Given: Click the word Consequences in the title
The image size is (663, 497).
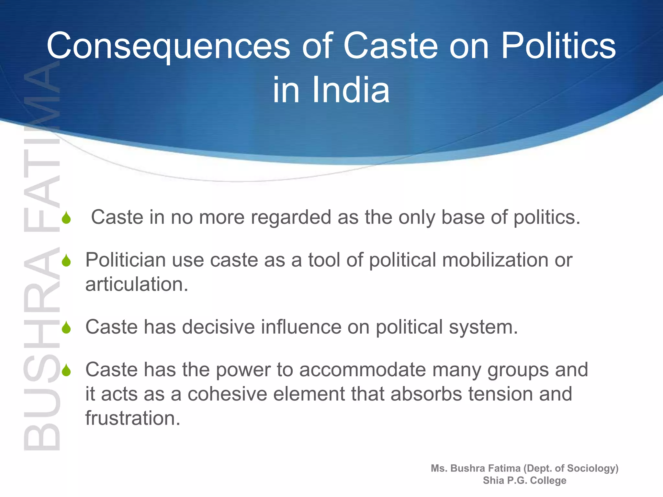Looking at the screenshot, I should click(168, 46).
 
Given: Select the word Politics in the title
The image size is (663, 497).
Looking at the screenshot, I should click(558, 46).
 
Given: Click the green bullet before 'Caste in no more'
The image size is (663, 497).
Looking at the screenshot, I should click(66, 218).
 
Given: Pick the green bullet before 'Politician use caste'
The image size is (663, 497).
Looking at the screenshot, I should click(66, 261).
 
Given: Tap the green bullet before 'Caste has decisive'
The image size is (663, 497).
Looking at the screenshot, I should click(66, 328).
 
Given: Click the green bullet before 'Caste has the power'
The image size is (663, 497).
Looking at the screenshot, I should click(66, 370).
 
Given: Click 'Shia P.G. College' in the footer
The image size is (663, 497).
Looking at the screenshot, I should click(524, 480).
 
